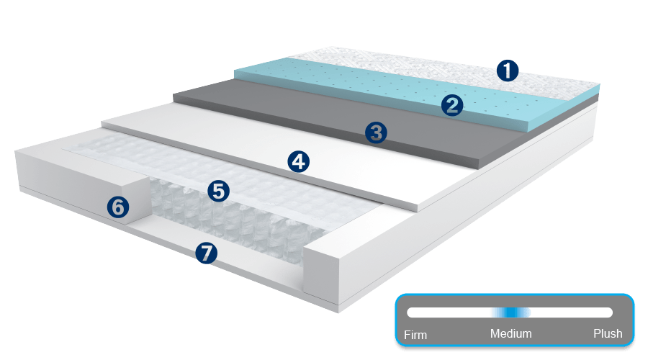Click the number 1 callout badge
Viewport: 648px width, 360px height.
tap(508, 71)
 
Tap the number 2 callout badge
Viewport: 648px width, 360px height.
tap(452, 106)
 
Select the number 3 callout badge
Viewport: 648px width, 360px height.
tap(376, 132)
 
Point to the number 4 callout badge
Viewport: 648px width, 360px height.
tap(298, 161)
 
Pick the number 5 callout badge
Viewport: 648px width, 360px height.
tap(218, 191)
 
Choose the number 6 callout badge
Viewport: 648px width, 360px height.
tap(118, 207)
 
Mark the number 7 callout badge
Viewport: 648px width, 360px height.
tap(207, 253)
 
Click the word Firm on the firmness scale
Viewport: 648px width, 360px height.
tap(415, 335)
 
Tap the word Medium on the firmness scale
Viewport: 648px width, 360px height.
tap(510, 334)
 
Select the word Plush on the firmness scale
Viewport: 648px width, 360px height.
tap(607, 334)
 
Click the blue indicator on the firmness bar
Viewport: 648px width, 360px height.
tap(510, 312)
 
